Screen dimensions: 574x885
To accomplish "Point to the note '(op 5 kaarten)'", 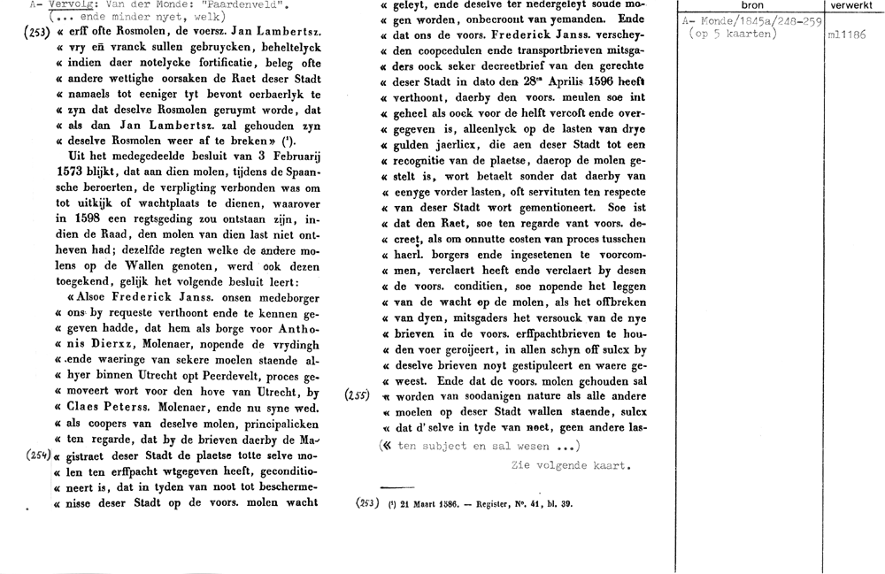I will point(732,34).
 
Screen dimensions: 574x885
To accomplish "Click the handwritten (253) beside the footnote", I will point(366,504).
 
